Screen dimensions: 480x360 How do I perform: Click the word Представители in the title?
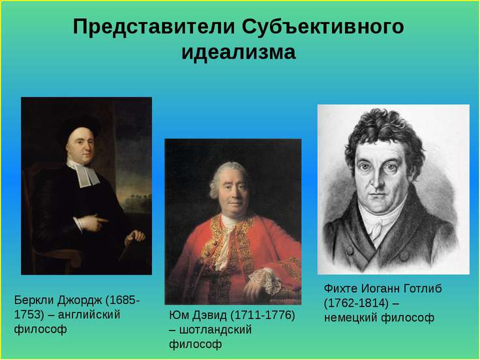[x=154, y=27]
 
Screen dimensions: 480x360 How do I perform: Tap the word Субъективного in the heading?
[x=323, y=26]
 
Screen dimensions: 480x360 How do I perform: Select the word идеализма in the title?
[x=239, y=53]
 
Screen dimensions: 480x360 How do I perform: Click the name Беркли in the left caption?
[x=34, y=300]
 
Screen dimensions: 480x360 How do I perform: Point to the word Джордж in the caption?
[x=80, y=301]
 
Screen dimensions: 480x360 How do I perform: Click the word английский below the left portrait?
[x=89, y=315]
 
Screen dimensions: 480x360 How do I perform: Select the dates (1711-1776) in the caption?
[x=262, y=316]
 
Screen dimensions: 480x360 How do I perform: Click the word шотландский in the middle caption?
[x=215, y=330]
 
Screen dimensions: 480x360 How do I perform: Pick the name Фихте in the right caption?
[x=340, y=289]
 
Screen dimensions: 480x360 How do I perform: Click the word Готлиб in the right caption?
[x=423, y=289]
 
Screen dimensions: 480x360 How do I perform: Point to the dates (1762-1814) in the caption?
[x=356, y=303]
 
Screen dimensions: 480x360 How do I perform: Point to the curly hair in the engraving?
[x=385, y=135]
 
